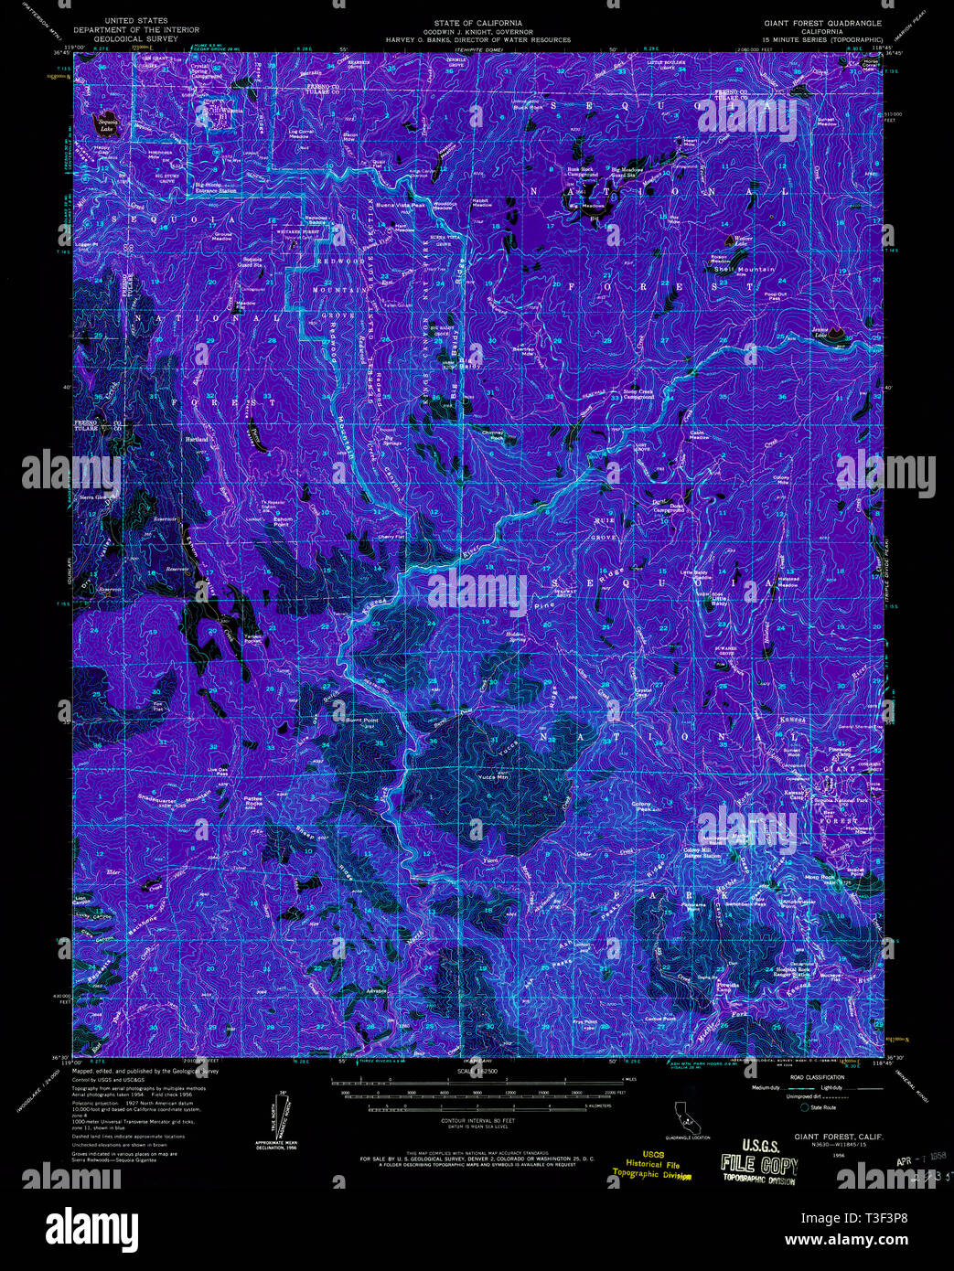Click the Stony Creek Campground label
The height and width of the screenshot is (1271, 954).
click(x=638, y=394)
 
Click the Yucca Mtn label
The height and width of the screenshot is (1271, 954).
click(x=492, y=776)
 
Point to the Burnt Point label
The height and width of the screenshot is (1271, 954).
click(x=362, y=721)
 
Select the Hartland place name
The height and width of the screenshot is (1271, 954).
click(x=197, y=439)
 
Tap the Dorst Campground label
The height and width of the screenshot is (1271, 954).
click(x=670, y=507)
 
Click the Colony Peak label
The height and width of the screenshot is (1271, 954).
click(x=644, y=806)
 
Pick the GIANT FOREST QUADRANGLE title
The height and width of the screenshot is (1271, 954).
click(x=822, y=22)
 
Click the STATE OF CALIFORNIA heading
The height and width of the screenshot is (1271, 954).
click(x=478, y=22)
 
